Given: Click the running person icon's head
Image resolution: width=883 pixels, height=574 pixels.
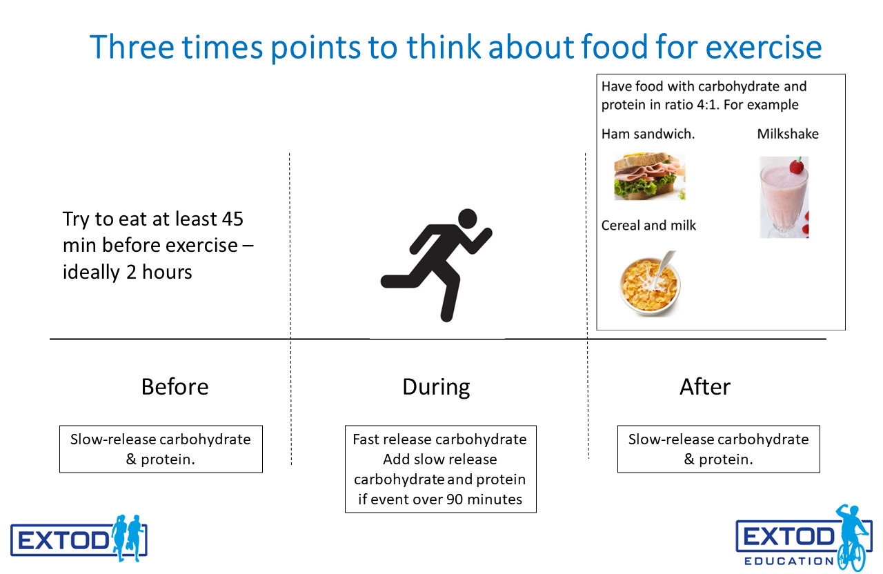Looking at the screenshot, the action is pyautogui.click(x=468, y=219).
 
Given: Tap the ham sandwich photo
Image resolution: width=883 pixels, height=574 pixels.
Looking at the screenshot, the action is pyautogui.click(x=650, y=176).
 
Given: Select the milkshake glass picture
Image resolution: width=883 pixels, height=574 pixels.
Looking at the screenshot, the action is pyautogui.click(x=784, y=197).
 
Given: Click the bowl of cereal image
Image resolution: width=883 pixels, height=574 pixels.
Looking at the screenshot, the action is pyautogui.click(x=650, y=283).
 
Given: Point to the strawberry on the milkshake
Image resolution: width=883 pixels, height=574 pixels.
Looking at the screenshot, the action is pyautogui.click(x=797, y=166).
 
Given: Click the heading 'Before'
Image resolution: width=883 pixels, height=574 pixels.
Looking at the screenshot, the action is pyautogui.click(x=175, y=386).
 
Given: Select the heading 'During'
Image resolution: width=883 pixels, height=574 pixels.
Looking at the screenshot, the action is pyautogui.click(x=436, y=387).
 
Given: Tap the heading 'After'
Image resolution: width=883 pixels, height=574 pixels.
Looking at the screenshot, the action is pyautogui.click(x=705, y=386).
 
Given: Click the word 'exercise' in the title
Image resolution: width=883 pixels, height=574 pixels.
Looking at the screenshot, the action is pyautogui.click(x=763, y=47).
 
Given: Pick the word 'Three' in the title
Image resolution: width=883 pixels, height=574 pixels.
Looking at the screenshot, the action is pyautogui.click(x=132, y=47).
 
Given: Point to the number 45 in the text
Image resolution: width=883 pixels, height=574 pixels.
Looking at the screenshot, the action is pyautogui.click(x=232, y=219).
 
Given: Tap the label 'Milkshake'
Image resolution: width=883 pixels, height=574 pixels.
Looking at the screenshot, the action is pyautogui.click(x=788, y=134).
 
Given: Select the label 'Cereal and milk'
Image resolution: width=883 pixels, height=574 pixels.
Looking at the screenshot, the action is pyautogui.click(x=648, y=226).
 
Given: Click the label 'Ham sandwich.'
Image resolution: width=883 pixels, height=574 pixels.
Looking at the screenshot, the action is pyautogui.click(x=648, y=134).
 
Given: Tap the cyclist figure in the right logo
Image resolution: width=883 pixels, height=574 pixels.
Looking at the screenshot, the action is pyautogui.click(x=853, y=537).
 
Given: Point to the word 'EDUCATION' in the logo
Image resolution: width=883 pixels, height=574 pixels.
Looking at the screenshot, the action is pyautogui.click(x=788, y=561).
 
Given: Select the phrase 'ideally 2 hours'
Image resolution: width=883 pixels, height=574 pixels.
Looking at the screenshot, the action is pyautogui.click(x=128, y=273).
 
